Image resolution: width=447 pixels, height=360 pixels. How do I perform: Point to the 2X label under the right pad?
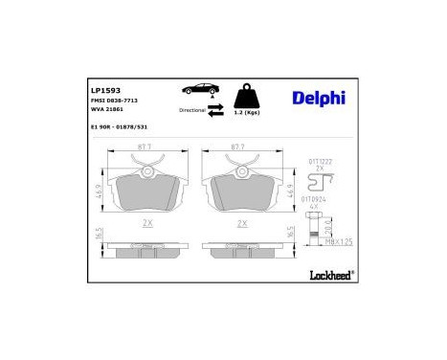(243, 222)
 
